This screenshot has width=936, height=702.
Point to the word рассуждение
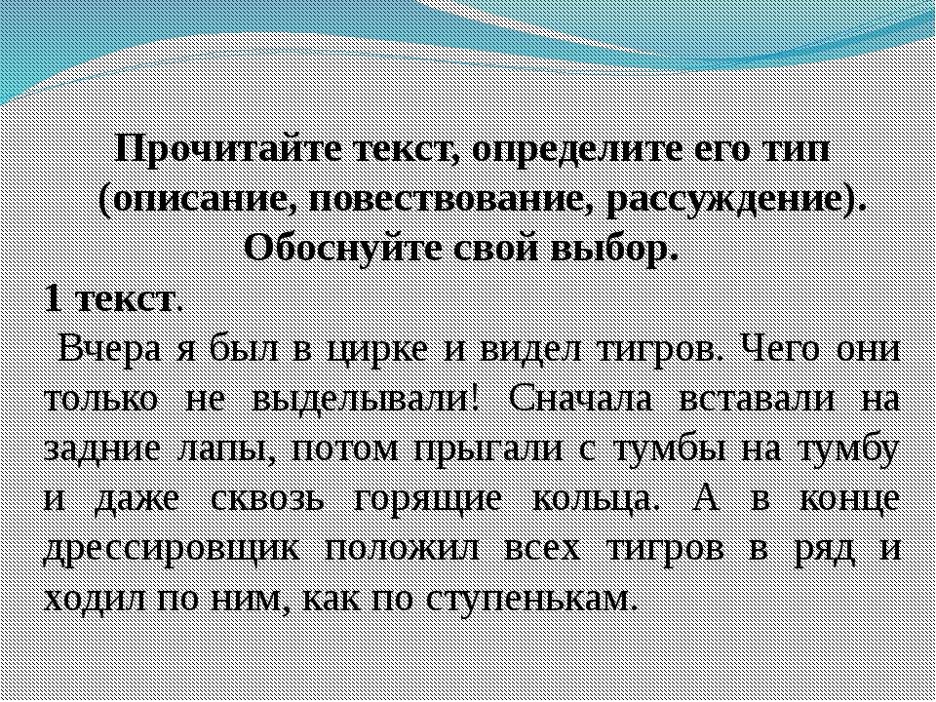click(x=729, y=200)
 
